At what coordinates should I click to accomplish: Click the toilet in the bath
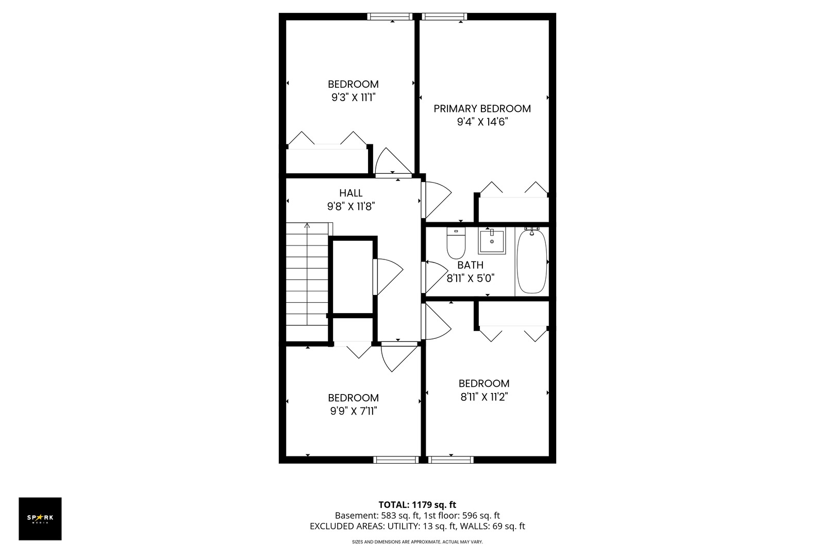tap(456, 243)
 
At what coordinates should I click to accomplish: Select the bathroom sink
tap(492, 241)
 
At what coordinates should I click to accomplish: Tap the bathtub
tap(532, 261)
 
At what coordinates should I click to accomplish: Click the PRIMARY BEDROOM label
tap(482, 109)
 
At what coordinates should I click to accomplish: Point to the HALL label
tap(351, 193)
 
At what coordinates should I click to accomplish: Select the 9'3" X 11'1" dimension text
tap(353, 97)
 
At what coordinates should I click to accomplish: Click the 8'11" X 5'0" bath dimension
tap(471, 278)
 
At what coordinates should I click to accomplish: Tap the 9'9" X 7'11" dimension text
tap(354, 411)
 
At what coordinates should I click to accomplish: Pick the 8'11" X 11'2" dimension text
tap(484, 397)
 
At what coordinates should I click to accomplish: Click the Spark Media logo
tap(40, 518)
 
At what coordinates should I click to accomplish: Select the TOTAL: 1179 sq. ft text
tap(417, 505)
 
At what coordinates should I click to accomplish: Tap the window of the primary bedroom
tap(444, 17)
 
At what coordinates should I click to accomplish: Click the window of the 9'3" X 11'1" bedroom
tap(390, 17)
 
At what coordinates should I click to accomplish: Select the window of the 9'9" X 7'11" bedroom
tap(396, 460)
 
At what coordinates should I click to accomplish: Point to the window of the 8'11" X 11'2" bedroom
tap(450, 460)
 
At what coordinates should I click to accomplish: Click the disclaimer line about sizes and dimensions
tap(417, 542)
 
